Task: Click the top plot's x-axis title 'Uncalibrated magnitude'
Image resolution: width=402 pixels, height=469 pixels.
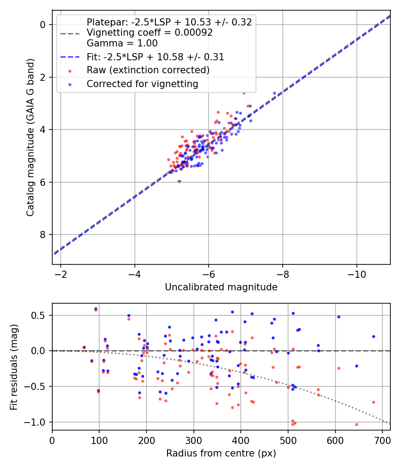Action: click(x=221, y=287)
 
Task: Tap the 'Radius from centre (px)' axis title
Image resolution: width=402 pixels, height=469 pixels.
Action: click(x=221, y=453)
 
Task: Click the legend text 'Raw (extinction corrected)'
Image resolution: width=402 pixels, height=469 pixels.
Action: click(x=148, y=70)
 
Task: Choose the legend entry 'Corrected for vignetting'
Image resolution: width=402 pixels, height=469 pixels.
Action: click(x=142, y=84)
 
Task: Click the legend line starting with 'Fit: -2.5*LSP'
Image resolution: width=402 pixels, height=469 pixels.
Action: click(x=155, y=57)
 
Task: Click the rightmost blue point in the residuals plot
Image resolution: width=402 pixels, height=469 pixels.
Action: click(x=373, y=336)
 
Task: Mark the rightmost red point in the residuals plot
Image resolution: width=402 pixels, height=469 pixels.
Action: click(x=373, y=402)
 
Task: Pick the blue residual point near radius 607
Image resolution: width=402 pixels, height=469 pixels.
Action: click(x=339, y=317)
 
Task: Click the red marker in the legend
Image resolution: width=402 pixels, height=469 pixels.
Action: click(x=69, y=70)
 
